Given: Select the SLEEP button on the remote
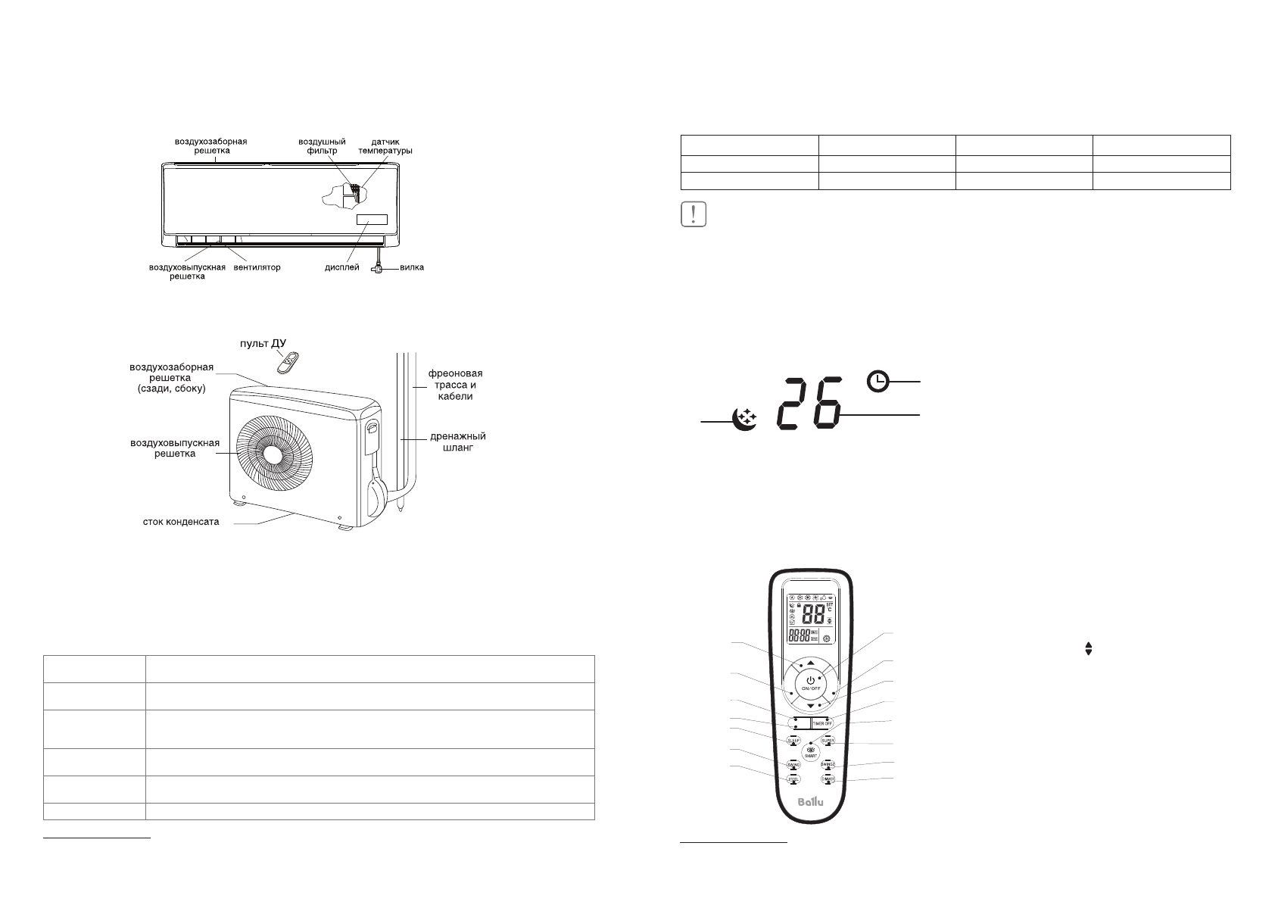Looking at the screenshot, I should pos(793,741).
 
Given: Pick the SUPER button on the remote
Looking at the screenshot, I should pos(828,741).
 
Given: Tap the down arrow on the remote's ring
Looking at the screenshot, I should pos(810,706).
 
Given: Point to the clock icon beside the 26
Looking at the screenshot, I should pos(878,382).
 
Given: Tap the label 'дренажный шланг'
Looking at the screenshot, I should pos(457,442).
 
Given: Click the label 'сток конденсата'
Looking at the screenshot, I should pos(182,522).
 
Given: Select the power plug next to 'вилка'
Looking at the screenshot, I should pos(378,268).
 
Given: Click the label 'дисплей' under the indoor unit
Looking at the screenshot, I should pos(342,267).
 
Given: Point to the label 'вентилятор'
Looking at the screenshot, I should pos(257,267).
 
